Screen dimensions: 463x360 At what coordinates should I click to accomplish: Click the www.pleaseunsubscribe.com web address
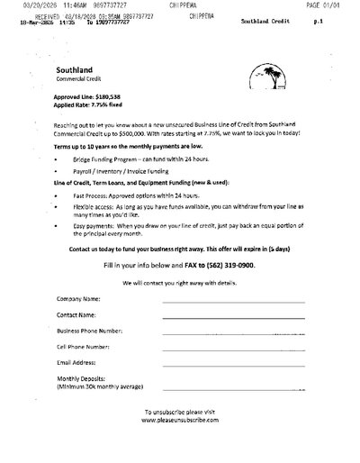pos(180,419)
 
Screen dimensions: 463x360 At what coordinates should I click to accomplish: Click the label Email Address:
pos(78,362)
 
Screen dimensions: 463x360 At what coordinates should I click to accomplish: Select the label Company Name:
pos(78,298)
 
